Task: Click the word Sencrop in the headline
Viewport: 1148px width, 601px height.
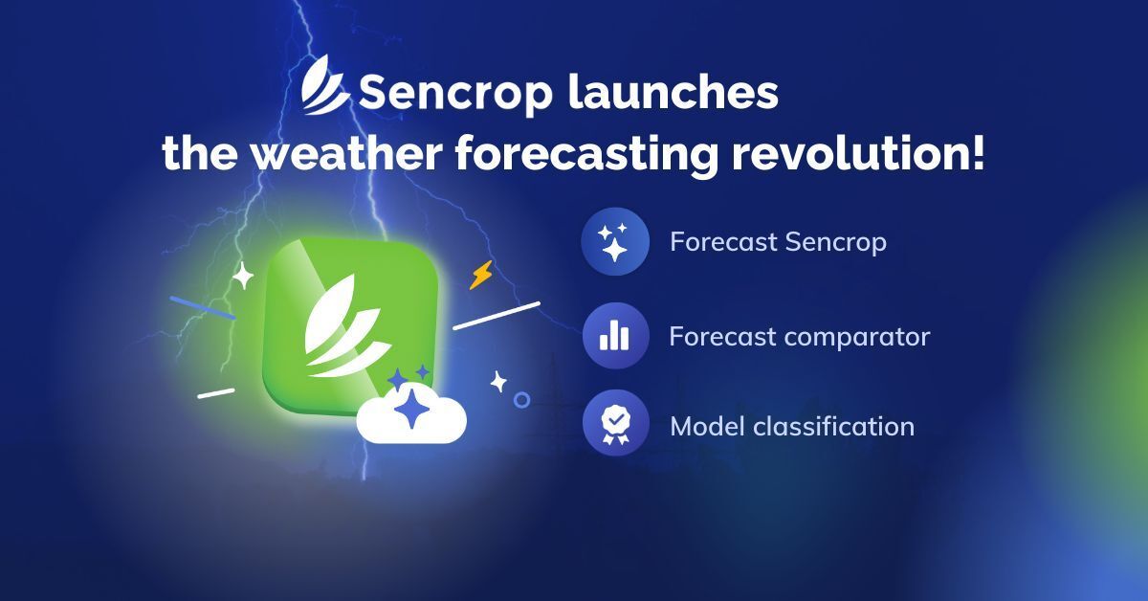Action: coord(455,94)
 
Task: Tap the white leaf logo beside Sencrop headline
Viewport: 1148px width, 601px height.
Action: coord(325,84)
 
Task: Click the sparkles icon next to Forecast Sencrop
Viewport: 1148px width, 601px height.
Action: coord(615,241)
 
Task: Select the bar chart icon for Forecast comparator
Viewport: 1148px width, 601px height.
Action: coord(615,336)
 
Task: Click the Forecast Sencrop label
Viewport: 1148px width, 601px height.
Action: coord(779,242)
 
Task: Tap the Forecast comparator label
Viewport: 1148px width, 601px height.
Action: coord(800,337)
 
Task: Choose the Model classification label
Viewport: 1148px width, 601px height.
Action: coord(792,427)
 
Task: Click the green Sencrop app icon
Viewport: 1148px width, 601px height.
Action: coord(350,326)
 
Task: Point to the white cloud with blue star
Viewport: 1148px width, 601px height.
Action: coord(411,413)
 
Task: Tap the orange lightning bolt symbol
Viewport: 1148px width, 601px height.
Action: coord(481,275)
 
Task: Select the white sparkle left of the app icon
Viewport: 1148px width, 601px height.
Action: coord(243,276)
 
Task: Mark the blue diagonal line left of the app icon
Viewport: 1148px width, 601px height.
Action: coord(203,308)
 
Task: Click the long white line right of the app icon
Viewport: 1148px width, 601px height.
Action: coord(497,316)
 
